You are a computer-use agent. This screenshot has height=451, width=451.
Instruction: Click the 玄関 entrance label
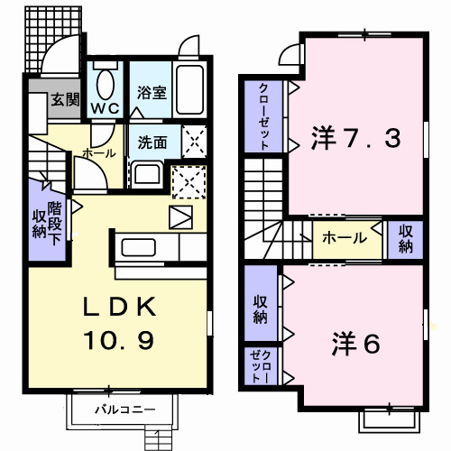[63, 99]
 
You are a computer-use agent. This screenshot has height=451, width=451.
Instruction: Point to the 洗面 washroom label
[152, 142]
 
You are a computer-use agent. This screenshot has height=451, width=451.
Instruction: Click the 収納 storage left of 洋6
[260, 307]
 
